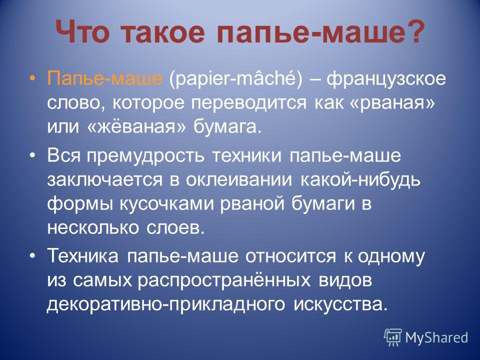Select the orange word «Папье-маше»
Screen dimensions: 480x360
tap(104, 78)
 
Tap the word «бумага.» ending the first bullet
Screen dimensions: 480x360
tap(228, 126)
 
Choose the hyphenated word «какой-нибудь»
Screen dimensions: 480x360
tap(360, 180)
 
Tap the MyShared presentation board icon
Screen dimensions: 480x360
tap(393, 337)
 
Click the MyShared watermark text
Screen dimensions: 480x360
tap(436, 337)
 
